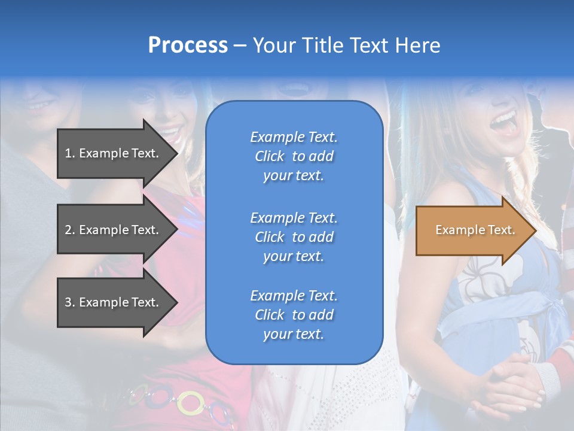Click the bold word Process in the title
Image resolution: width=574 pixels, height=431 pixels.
[188, 45]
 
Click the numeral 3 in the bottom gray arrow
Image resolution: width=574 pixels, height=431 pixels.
[68, 302]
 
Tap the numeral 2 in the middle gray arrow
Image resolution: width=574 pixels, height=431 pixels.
[68, 230]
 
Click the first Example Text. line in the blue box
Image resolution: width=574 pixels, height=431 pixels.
[294, 137]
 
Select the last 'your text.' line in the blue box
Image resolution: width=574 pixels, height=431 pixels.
[294, 334]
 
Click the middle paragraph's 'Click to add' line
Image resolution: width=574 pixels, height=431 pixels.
[294, 237]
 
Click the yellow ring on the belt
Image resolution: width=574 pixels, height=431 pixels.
[190, 402]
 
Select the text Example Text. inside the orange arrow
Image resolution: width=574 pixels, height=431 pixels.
[475, 230]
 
